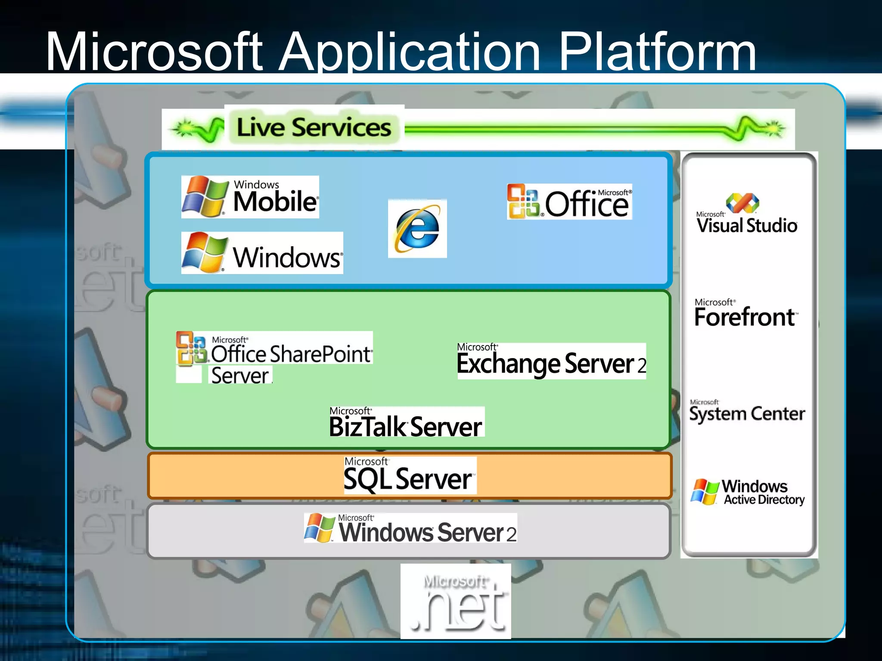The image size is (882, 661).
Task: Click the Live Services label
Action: [314, 127]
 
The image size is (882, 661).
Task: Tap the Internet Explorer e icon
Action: [417, 229]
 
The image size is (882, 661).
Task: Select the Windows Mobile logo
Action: [250, 197]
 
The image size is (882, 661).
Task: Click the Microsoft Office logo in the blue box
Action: [569, 202]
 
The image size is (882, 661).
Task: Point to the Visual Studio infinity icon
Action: [742, 203]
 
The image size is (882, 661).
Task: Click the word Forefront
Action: [744, 317]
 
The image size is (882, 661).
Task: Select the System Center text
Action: [747, 414]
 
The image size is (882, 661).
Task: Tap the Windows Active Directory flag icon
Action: [704, 491]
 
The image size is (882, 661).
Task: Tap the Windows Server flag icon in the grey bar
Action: [319, 527]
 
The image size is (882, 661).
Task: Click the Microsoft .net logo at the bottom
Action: [456, 602]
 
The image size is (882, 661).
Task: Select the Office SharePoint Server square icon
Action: [191, 349]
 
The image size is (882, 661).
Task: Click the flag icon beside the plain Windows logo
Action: [204, 253]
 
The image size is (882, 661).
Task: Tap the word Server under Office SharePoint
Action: [240, 375]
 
